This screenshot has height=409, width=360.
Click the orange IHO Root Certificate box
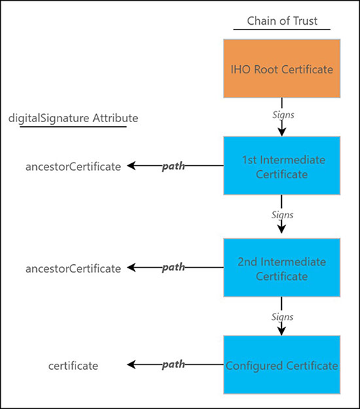(282, 68)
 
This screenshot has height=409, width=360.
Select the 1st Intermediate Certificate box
(282, 166)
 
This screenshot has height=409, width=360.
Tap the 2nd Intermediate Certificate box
(282, 268)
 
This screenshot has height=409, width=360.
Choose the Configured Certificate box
(282, 365)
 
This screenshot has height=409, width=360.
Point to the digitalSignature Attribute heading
(73, 118)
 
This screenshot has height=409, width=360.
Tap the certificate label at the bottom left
(73, 366)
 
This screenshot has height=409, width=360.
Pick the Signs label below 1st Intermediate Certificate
(281, 215)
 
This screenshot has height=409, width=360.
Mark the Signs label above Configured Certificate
(281, 317)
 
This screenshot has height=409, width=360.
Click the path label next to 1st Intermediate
(173, 166)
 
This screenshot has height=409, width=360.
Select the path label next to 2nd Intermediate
(173, 268)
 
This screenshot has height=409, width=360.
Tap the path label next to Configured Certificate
(173, 365)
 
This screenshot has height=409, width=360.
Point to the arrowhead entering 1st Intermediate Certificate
(282, 131)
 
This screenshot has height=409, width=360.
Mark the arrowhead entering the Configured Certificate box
(282, 330)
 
